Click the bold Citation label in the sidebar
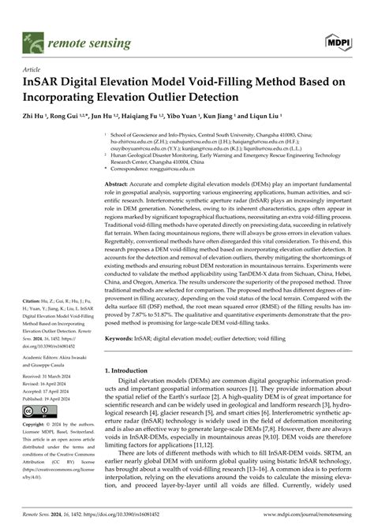[35, 301]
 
